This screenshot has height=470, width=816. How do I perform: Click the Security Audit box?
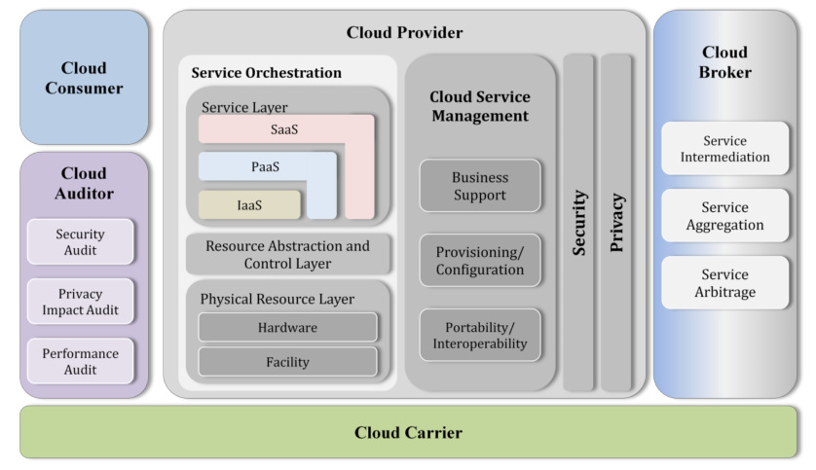pos(81,241)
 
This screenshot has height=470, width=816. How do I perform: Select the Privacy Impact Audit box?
pos(81,302)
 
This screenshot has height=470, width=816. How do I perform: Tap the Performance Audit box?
pos(81,361)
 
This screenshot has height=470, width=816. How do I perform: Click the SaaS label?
pos(284,129)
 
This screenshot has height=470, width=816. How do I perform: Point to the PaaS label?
pos(266,167)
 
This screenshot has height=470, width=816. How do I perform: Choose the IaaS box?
pos(249,205)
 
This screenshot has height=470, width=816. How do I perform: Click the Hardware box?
pos(288,327)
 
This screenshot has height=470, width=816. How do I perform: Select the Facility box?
pos(288,362)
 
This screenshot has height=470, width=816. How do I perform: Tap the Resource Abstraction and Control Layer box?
pos(288,254)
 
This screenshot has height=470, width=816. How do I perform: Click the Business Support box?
pos(480,186)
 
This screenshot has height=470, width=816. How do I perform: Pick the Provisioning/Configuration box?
pos(480,261)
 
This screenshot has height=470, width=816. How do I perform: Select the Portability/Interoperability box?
pos(480,336)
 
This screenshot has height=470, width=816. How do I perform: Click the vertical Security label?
pos(578,223)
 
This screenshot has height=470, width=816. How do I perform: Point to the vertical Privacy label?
pos(616,223)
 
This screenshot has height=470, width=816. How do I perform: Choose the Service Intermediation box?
pos(724,149)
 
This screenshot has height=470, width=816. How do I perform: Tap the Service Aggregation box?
pos(724,216)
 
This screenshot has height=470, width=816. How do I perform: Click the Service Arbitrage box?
pos(724,283)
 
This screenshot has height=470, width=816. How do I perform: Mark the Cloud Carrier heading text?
pos(409,433)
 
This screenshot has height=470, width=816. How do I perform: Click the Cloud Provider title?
pos(404,32)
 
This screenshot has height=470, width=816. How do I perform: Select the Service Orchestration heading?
pos(267,72)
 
